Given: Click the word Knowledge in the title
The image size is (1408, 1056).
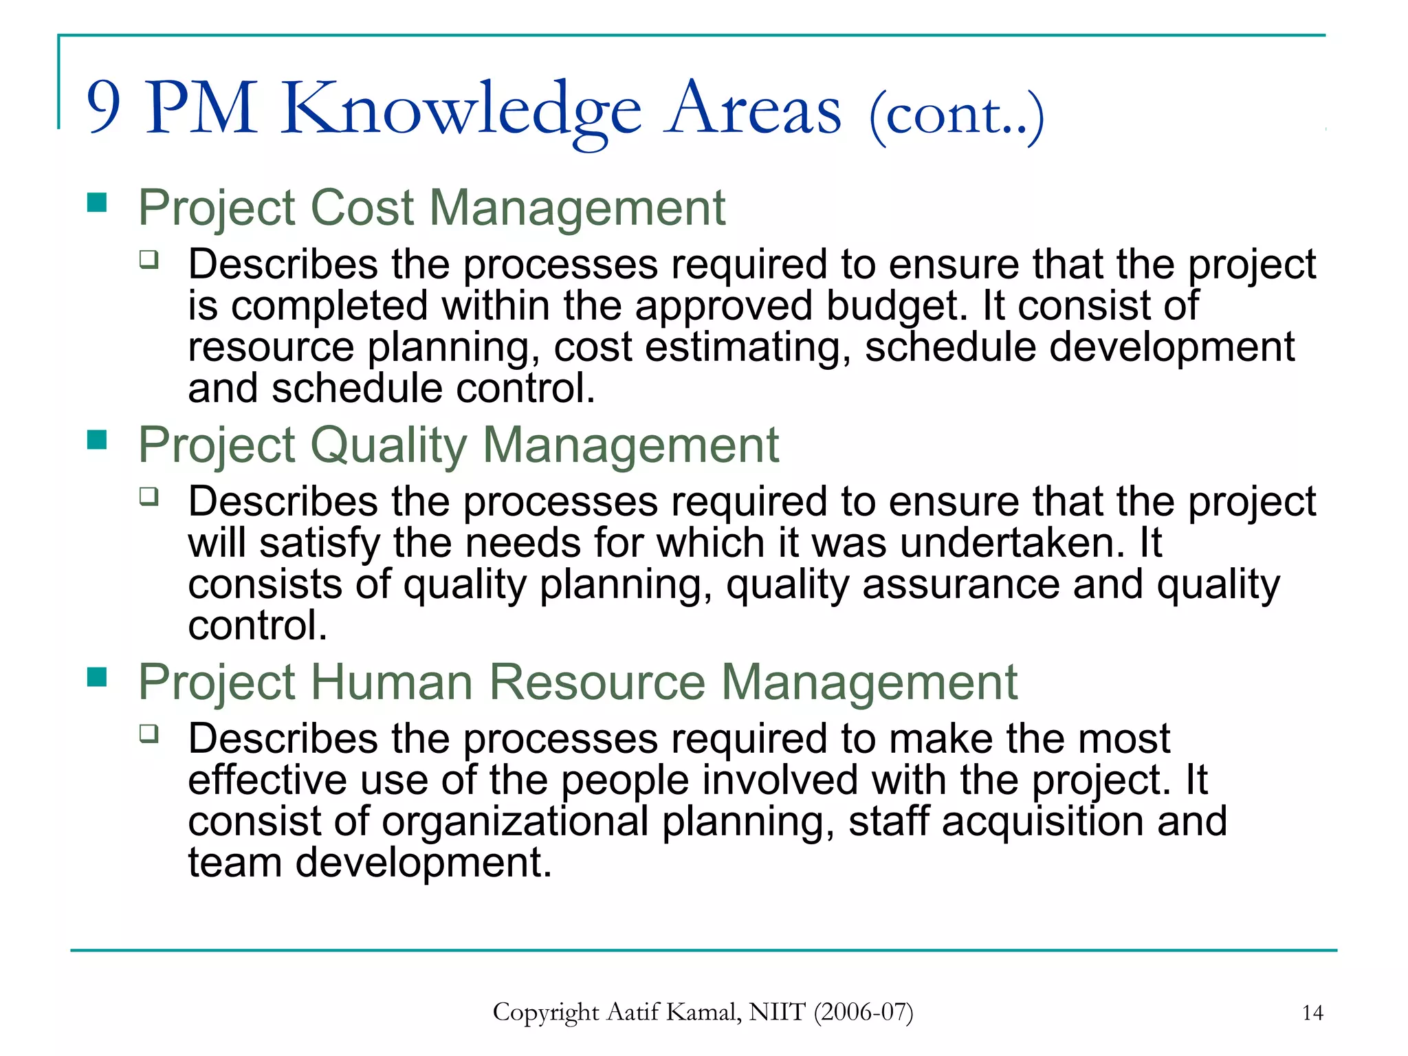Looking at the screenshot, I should tap(461, 110).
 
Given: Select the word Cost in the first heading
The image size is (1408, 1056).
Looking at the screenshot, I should tap(362, 207).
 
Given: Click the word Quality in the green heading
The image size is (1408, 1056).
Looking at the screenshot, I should tap(390, 445).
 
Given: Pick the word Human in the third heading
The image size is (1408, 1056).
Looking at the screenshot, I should tap(392, 682).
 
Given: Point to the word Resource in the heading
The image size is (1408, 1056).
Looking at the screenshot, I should tap(597, 682).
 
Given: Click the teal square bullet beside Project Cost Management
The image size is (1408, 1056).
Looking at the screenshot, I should tap(98, 202).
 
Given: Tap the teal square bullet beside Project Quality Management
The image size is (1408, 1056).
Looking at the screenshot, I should tap(98, 439).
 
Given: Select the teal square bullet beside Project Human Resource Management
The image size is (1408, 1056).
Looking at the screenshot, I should tap(98, 677).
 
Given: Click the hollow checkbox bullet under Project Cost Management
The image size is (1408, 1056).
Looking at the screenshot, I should tap(148, 259).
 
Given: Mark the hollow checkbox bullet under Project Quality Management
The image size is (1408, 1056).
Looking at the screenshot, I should tap(148, 496).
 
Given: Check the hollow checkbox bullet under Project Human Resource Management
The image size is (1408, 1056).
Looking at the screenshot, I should tap(148, 734).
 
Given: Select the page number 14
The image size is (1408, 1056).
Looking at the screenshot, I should tap(1312, 1013).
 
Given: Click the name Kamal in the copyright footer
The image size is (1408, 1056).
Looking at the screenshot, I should tap(704, 1012).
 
